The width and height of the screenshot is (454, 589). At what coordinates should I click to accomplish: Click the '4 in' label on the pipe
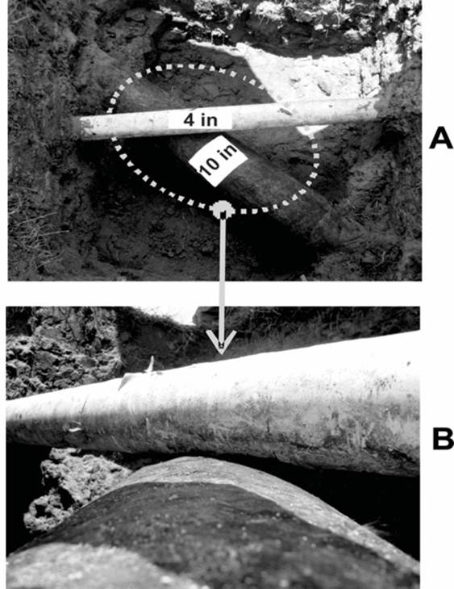click(x=200, y=120)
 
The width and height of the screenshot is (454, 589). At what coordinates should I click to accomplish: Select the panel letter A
click(x=441, y=138)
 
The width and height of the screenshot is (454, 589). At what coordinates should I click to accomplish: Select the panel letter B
click(x=443, y=438)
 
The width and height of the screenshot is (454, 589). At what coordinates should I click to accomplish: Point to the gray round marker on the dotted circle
click(x=223, y=210)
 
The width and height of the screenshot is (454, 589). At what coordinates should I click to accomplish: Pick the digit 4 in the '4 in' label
click(x=189, y=120)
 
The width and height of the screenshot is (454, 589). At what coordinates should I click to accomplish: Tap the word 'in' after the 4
click(x=209, y=120)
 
